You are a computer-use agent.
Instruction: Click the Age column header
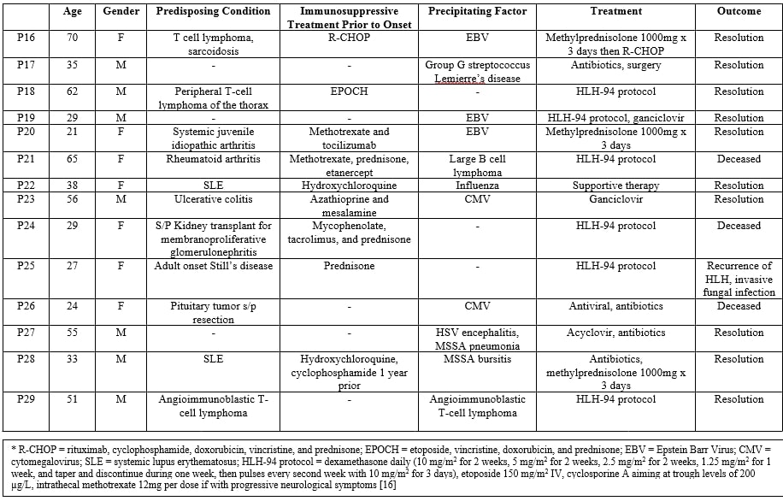(73, 11)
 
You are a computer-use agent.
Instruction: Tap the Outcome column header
(739, 11)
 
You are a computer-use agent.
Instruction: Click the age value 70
(73, 38)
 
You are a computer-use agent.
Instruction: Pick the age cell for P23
(73, 199)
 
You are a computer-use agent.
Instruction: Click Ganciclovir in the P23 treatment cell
(616, 199)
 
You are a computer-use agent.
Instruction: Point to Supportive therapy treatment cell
(616, 186)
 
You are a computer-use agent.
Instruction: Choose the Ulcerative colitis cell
(209, 199)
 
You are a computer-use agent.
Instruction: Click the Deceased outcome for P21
(739, 159)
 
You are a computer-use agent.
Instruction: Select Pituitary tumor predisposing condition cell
(209, 312)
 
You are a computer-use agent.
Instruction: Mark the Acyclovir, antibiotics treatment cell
(616, 333)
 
